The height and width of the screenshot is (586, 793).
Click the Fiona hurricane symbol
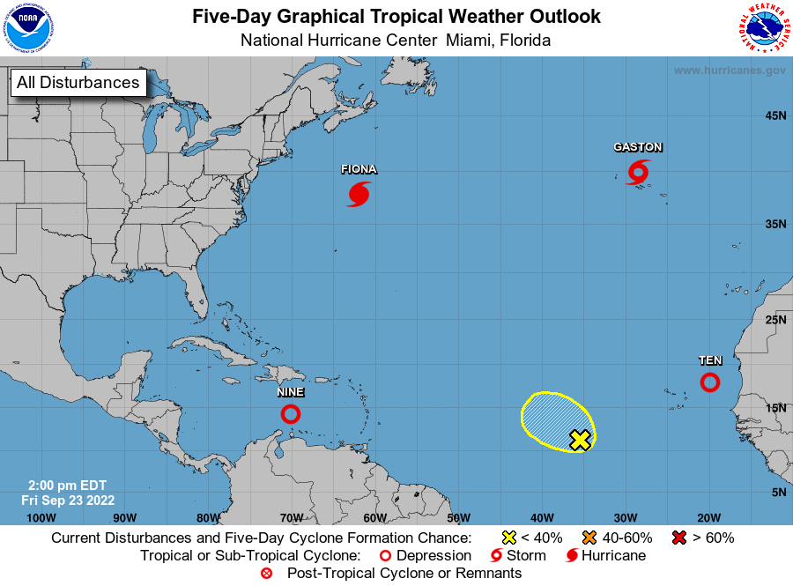[359, 194]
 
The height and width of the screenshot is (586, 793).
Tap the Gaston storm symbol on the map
[638, 172]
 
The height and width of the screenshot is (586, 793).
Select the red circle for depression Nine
[291, 413]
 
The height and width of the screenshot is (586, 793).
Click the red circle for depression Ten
[709, 382]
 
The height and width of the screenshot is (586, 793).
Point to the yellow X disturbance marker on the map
[579, 440]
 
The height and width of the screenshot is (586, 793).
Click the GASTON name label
[638, 147]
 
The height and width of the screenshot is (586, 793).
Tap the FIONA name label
[359, 169]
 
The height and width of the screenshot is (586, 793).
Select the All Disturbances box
[78, 83]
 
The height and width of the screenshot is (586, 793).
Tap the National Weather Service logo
[763, 29]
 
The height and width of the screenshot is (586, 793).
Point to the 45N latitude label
[774, 115]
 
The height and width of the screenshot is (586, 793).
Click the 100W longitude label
[41, 517]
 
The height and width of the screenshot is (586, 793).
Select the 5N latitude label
[778, 492]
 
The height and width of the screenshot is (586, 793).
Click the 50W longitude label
[458, 517]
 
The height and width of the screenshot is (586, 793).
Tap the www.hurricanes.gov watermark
[729, 70]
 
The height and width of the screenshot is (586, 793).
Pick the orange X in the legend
[590, 538]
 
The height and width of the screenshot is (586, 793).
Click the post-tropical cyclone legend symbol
[267, 574]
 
